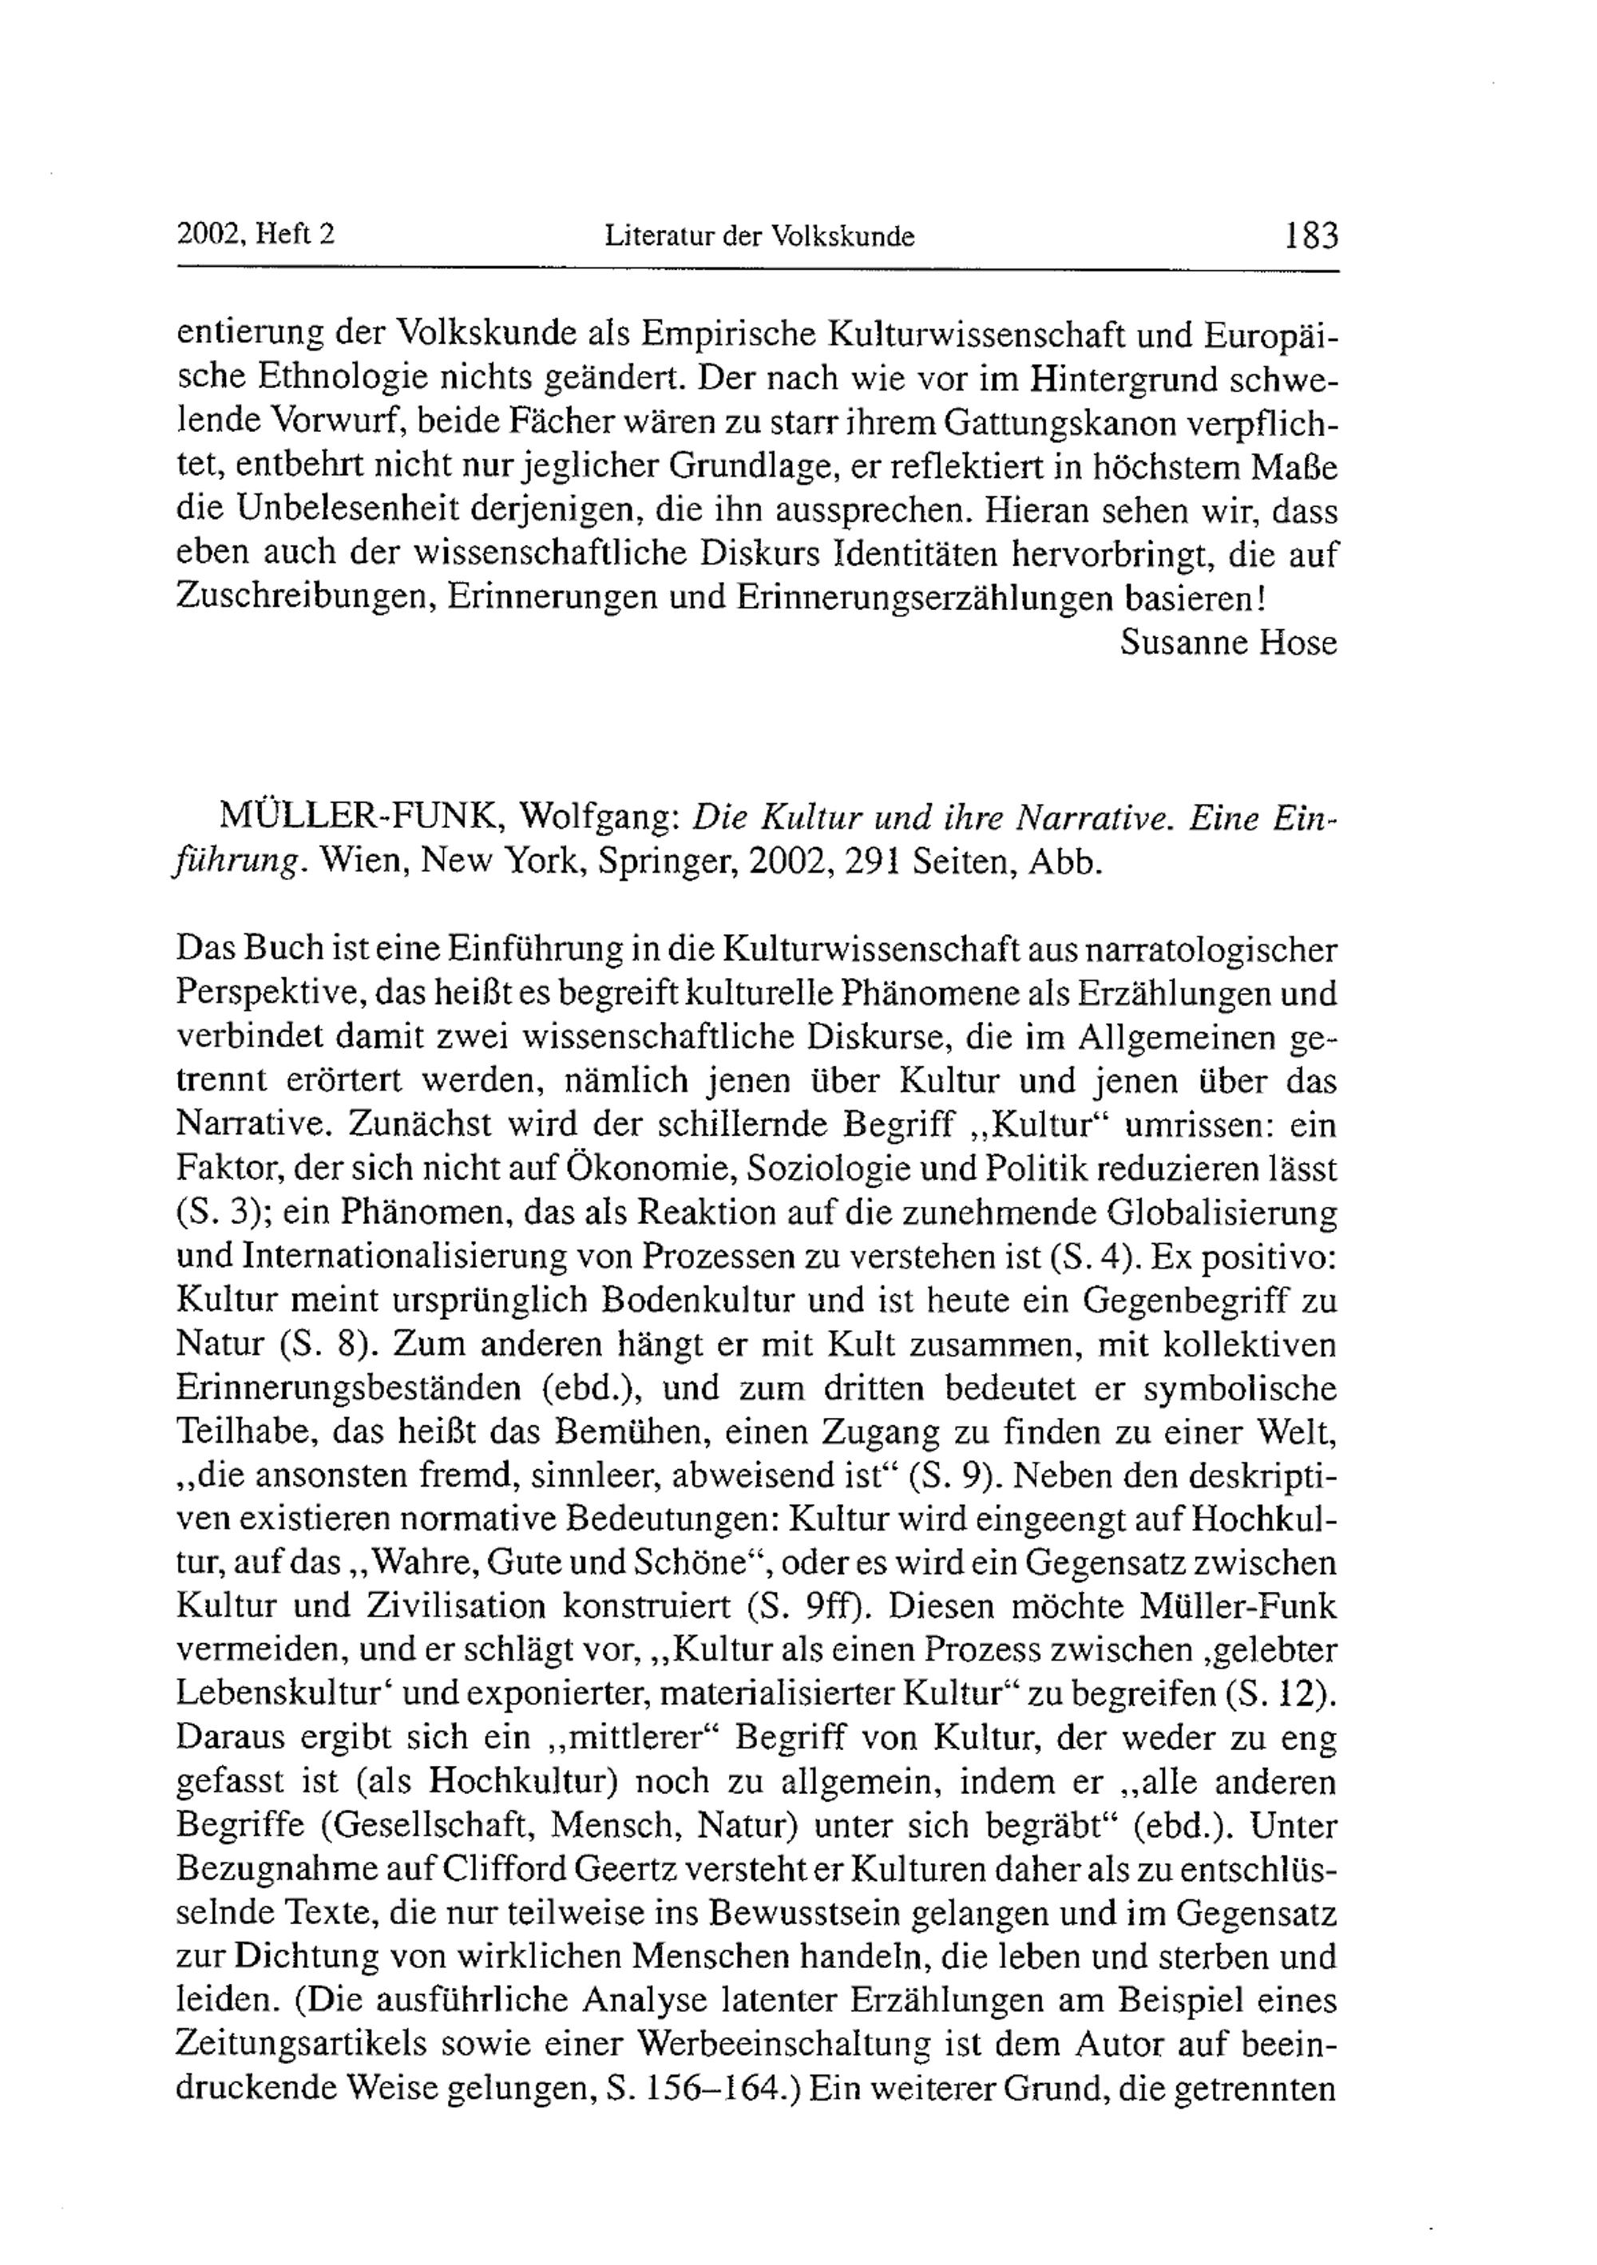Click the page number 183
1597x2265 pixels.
pos(1311,236)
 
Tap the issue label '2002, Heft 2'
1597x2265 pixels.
pos(256,234)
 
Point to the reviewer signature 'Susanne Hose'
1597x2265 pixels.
pos(1229,643)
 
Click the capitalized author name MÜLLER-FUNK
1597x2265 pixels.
pos(362,817)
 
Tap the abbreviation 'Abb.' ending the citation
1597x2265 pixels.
pos(1064,861)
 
